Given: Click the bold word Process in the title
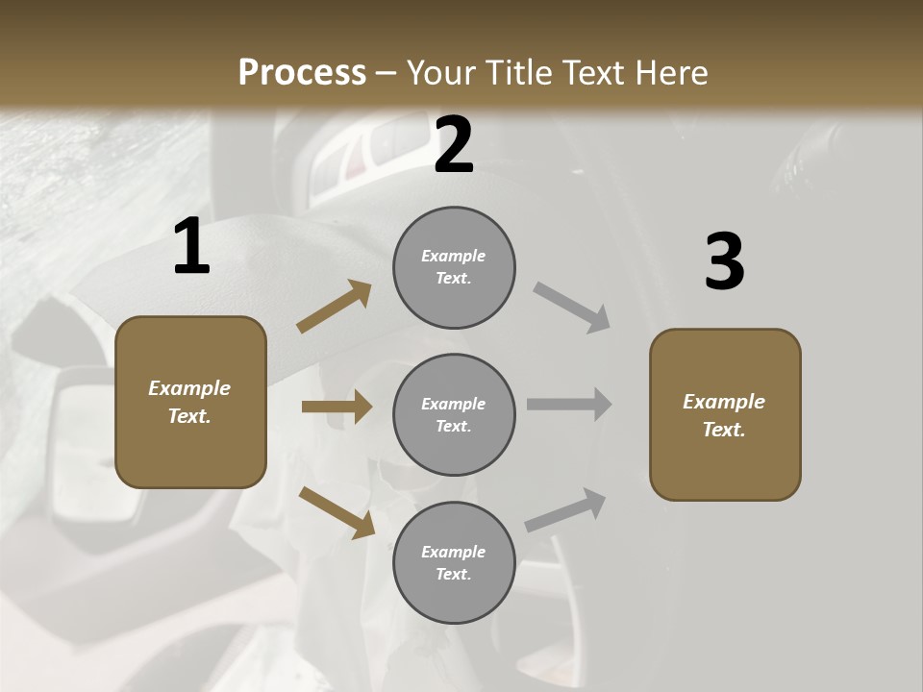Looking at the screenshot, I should pyautogui.click(x=302, y=72).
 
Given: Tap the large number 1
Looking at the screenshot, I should pyautogui.click(x=191, y=247).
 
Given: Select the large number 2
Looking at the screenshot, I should pyautogui.click(x=454, y=145).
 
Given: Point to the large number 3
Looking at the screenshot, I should pyautogui.click(x=724, y=261).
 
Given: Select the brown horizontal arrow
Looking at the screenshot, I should pyautogui.click(x=337, y=407).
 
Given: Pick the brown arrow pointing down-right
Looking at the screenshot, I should pyautogui.click(x=337, y=512).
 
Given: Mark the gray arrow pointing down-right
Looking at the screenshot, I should pyautogui.click(x=571, y=308).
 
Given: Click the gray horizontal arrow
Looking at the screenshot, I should pyautogui.click(x=569, y=405).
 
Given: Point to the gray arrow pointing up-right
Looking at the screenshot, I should pyautogui.click(x=565, y=510).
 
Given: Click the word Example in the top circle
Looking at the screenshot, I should pyautogui.click(x=454, y=257).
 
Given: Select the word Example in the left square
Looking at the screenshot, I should pyautogui.click(x=189, y=388).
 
